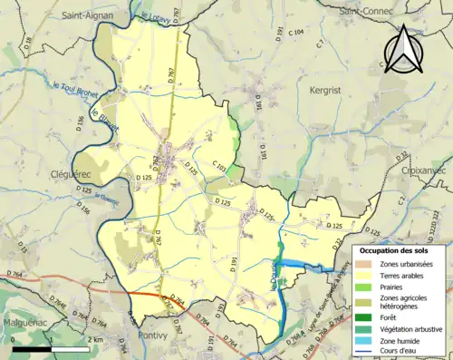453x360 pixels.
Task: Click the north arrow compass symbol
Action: (x=404, y=50)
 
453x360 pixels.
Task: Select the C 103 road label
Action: (x=219, y=163)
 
